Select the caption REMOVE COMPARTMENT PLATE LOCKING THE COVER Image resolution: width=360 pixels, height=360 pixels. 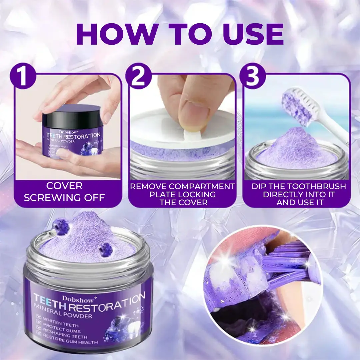(182, 194)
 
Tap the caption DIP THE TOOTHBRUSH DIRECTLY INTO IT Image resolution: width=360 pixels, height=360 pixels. (298, 194)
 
